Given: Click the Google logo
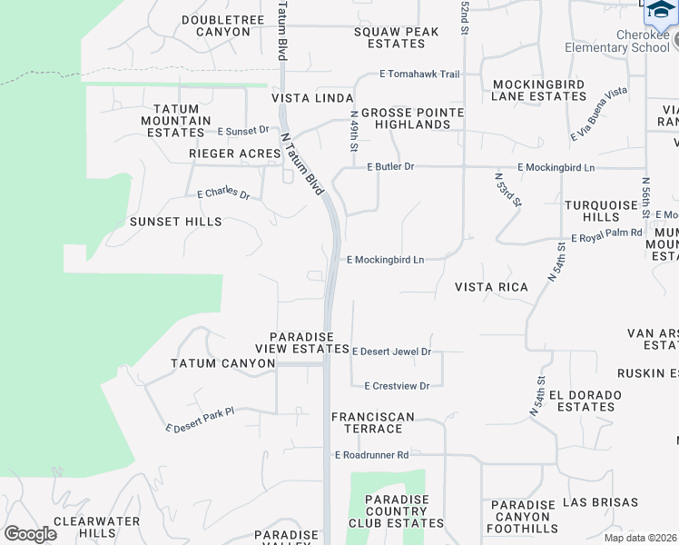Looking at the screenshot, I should [x=31, y=534].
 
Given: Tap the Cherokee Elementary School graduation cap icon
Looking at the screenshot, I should [x=662, y=9].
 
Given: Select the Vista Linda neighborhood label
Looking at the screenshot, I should [x=312, y=98].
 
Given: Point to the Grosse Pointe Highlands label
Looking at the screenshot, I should [x=412, y=119].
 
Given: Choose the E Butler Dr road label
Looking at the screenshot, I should [x=390, y=167].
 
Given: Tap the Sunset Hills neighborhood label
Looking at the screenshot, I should [x=175, y=222].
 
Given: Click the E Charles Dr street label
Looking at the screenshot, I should [x=223, y=193].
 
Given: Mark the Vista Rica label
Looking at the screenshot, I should [x=491, y=287].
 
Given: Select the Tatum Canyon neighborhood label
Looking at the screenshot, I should [x=222, y=363].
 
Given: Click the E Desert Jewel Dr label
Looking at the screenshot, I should [x=391, y=352].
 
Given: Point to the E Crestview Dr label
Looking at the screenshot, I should [x=397, y=386].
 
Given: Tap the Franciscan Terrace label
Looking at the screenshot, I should [x=372, y=422].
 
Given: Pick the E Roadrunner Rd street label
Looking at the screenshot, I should [x=372, y=454].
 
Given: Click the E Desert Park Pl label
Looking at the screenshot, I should [x=200, y=419].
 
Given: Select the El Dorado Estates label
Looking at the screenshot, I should [x=586, y=401].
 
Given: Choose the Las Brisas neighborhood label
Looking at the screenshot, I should [x=600, y=502].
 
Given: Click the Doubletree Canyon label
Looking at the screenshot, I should [x=215, y=25].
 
